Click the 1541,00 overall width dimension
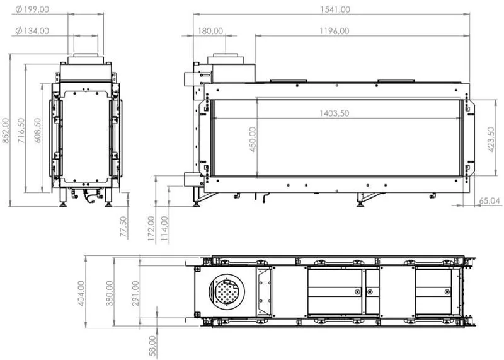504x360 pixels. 335,9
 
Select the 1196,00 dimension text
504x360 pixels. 335,31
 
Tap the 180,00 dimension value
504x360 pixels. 210,31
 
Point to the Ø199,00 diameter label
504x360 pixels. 32,9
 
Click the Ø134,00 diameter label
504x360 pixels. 32,31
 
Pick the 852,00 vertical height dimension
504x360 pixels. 6,131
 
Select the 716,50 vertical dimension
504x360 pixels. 21,131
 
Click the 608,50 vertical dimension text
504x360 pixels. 38,131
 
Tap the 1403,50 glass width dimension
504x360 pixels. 335,113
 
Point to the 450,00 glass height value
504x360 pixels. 253,139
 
